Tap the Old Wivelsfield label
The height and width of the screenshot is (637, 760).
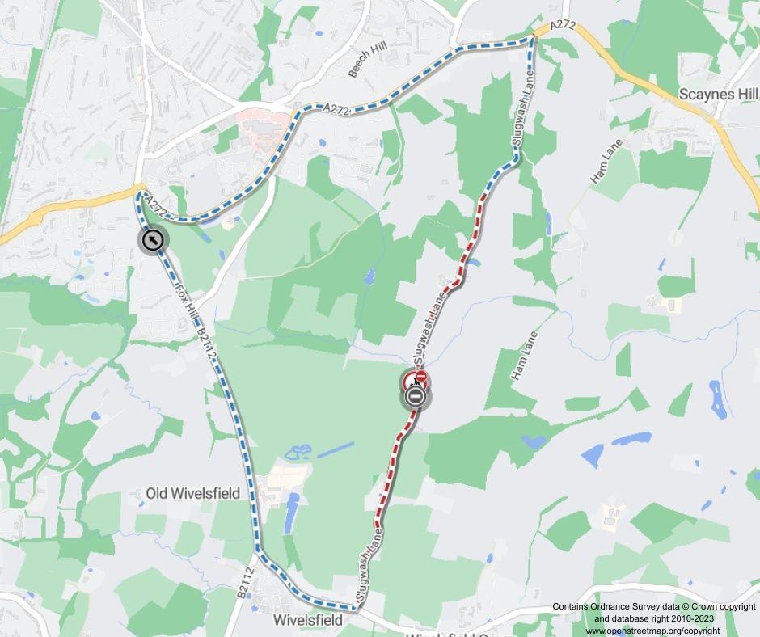click(x=192, y=493)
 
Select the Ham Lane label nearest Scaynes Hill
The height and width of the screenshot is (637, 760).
click(x=605, y=166)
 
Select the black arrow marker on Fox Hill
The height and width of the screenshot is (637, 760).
click(x=152, y=240)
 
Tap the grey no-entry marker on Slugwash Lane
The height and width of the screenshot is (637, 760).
click(x=416, y=396)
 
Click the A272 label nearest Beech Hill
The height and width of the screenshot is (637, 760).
click(x=335, y=109)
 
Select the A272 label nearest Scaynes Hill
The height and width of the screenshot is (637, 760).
click(x=563, y=27)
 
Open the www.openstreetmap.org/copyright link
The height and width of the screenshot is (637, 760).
click(x=652, y=631)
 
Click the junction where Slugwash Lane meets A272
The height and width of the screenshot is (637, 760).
click(x=533, y=37)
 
